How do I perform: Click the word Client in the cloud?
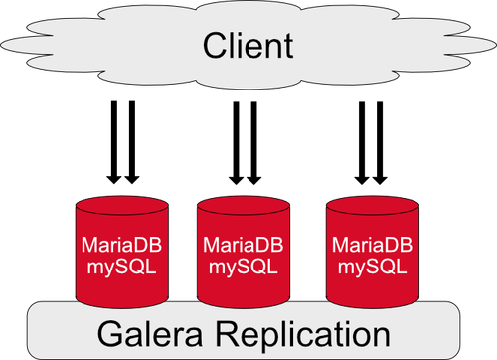[248, 45]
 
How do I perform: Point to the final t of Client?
[289, 46]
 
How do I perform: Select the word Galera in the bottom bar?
[154, 331]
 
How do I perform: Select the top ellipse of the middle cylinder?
[244, 206]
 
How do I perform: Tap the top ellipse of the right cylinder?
[373, 206]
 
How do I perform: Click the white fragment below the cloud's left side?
[120, 99]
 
